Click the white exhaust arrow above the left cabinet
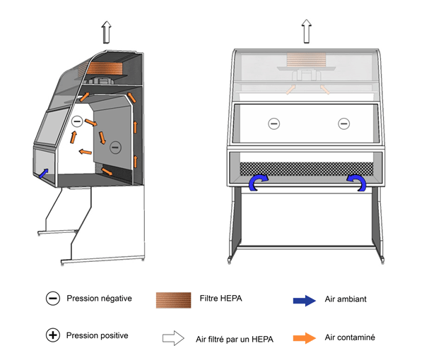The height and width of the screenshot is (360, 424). point(105,33)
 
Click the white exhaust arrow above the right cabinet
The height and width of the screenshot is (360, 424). point(307,32)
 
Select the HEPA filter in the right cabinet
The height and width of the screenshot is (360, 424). point(306,60)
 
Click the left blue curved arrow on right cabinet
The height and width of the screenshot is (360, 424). point(256,183)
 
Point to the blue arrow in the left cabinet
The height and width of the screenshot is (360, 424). point(44,172)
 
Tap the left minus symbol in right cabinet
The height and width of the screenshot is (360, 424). point(273,124)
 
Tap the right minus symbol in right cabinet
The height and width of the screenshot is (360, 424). point(343,124)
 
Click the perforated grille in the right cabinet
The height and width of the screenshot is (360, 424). point(307,169)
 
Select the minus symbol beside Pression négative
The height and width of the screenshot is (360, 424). point(52,299)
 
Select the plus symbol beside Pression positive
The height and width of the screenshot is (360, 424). point(52,335)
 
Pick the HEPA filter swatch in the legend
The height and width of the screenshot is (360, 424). point(173,300)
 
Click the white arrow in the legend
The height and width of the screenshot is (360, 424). point(173,338)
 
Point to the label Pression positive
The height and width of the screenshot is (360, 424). point(98,335)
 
